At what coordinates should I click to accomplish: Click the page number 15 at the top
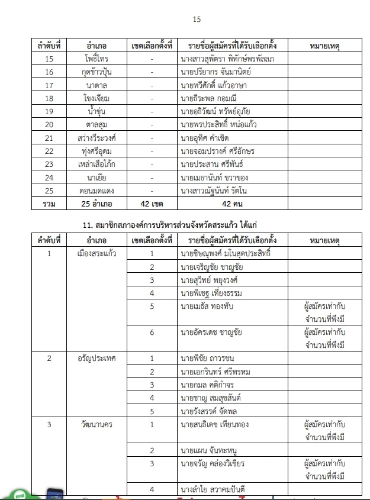click(197, 20)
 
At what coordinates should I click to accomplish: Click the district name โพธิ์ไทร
click(96, 59)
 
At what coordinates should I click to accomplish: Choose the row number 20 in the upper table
click(49, 124)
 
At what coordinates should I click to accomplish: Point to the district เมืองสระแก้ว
click(96, 254)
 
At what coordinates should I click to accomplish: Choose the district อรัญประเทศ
click(96, 358)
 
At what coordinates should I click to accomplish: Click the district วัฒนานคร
click(96, 424)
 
